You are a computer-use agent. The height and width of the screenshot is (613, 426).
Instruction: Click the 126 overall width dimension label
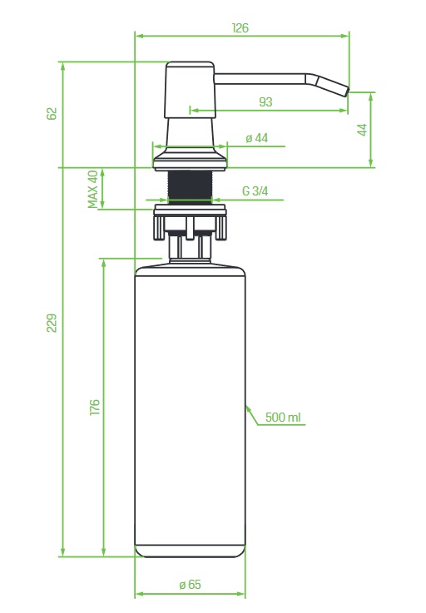(240, 28)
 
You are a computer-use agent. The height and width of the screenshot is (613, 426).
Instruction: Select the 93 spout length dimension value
(265, 102)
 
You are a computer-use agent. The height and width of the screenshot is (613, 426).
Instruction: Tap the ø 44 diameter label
(257, 138)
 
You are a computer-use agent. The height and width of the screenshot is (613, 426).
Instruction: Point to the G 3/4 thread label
(255, 191)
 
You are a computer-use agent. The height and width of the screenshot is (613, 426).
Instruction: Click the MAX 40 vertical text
(92, 189)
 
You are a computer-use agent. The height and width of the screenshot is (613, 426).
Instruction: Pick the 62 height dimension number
(52, 114)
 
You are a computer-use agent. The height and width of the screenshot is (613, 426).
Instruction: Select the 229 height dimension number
(52, 323)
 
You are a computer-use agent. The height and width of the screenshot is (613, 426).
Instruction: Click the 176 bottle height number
(95, 408)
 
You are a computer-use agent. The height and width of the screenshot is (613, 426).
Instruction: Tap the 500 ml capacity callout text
(283, 418)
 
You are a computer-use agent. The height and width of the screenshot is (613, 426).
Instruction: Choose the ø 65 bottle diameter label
(190, 585)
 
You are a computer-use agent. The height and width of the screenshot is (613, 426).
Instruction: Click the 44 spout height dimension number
(363, 130)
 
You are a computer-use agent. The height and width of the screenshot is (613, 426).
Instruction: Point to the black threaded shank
(190, 187)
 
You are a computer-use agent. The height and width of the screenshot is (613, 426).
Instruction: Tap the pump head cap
(190, 90)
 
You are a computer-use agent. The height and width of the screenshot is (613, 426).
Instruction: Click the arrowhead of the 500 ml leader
(249, 409)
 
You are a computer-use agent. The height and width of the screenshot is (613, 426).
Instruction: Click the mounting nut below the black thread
(190, 222)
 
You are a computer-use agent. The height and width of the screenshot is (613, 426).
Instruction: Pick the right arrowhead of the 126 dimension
(345, 36)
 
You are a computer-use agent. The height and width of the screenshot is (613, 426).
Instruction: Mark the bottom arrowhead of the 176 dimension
(103, 552)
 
